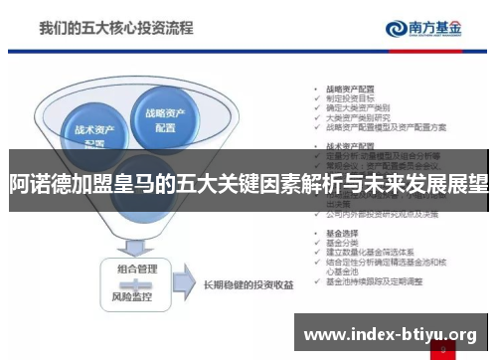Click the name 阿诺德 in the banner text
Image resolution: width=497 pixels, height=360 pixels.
point(33,184)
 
